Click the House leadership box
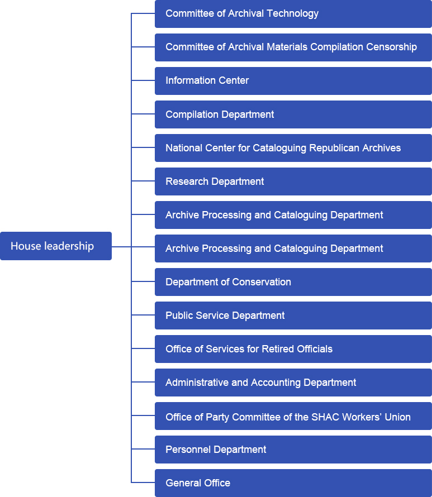click(x=56, y=246)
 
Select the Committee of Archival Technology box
click(x=293, y=13)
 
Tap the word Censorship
click(x=391, y=47)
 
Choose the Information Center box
click(x=293, y=81)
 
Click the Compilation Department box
click(x=293, y=114)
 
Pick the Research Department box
click(x=293, y=181)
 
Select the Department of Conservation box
click(x=293, y=282)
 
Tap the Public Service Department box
click(x=293, y=316)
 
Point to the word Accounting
click(x=276, y=383)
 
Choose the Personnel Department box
click(x=293, y=450)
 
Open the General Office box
click(x=293, y=483)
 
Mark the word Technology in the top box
click(x=292, y=13)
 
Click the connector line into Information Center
click(x=143, y=80)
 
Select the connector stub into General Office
click(x=143, y=482)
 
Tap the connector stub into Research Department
click(x=143, y=181)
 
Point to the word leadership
click(x=69, y=246)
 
